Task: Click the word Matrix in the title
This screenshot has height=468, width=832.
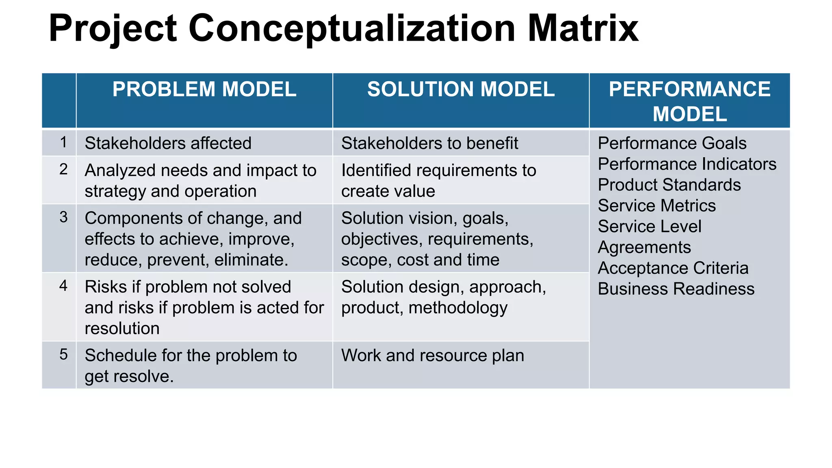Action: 583,28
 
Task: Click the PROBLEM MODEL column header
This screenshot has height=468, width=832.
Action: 204,89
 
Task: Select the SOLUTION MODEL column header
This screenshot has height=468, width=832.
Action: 461,89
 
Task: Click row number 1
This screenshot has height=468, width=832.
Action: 63,143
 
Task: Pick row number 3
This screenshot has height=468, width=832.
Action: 63,217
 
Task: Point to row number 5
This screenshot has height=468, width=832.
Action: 63,355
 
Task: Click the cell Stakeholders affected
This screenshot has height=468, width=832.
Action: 168,143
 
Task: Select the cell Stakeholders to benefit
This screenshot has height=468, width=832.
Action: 429,143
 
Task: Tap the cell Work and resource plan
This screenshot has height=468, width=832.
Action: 432,355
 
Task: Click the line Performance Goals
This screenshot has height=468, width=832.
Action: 672,143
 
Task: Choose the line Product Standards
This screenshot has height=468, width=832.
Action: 669,185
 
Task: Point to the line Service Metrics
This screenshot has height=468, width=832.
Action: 656,206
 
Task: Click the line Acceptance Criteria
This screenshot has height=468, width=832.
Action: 673,268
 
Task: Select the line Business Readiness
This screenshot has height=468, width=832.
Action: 676,289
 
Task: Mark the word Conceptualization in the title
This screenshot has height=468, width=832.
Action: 352,28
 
